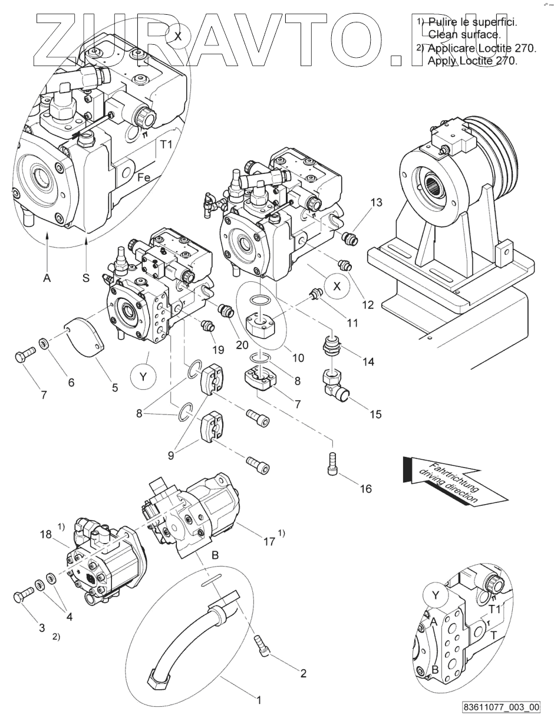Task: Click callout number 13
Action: click(376, 203)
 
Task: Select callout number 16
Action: click(365, 489)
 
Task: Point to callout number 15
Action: click(375, 414)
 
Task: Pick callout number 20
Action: click(242, 345)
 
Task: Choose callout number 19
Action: click(218, 350)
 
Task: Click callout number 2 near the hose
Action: click(303, 674)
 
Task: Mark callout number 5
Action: click(114, 387)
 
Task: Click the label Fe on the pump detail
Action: click(143, 177)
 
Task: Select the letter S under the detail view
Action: click(85, 278)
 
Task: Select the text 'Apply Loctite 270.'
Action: click(471, 61)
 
